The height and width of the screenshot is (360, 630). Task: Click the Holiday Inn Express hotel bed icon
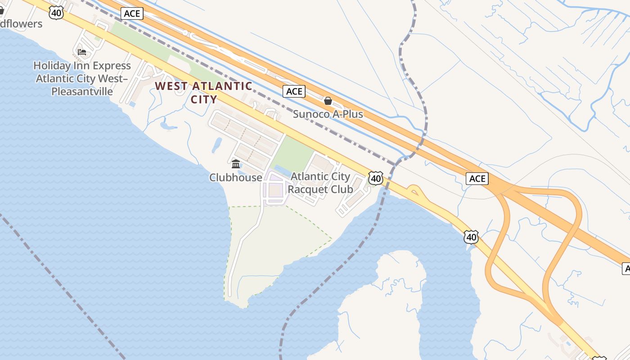coord(81,52)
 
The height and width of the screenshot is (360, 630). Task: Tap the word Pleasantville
coord(82,91)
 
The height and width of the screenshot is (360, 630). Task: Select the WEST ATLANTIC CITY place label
coord(204,92)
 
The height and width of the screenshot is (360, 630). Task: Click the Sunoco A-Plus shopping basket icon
coord(328,101)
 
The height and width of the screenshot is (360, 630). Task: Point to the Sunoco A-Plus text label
coord(328,114)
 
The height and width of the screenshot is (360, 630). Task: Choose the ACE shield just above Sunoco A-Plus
coord(294,91)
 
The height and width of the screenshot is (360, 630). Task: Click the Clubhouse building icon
coord(236,164)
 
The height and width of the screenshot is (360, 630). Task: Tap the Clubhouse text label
coord(236,177)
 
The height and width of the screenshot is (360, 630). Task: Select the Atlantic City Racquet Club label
coord(320,183)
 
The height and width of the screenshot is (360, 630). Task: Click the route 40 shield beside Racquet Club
coord(376,178)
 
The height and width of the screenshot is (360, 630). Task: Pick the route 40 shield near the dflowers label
coord(56,13)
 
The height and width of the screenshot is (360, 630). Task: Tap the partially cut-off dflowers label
coord(21,23)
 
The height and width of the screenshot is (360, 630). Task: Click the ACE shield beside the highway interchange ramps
coord(477,179)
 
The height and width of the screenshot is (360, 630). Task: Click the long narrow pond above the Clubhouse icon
coord(217,144)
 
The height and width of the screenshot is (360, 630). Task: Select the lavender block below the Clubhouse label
coord(274,191)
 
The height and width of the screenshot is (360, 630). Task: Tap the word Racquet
coord(307,189)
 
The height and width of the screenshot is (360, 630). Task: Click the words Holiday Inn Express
coord(82,66)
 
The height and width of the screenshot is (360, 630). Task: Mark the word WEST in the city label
coord(171,86)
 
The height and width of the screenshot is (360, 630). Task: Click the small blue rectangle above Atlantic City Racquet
coord(282,170)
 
